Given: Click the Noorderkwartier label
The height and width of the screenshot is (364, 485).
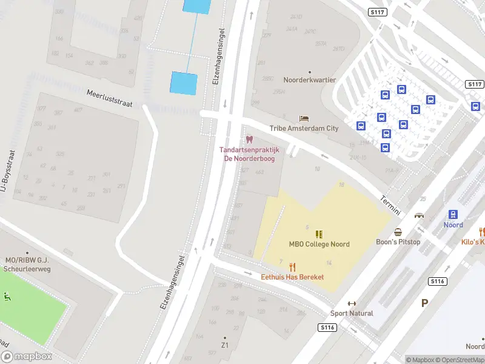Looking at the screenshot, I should (x=309, y=80).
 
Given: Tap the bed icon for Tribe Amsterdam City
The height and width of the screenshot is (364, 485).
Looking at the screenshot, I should (x=304, y=118).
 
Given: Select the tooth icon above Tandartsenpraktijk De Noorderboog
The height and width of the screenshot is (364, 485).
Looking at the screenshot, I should (x=249, y=140).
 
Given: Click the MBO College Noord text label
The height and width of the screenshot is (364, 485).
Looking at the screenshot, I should (x=319, y=244).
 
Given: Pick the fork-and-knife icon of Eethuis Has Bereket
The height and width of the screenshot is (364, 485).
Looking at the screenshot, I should (x=292, y=267).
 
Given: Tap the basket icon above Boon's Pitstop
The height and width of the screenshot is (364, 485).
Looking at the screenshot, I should (x=398, y=232).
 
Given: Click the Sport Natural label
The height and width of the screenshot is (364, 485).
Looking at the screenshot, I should (x=352, y=313).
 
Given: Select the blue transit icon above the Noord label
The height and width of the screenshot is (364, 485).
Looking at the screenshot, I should (x=453, y=214).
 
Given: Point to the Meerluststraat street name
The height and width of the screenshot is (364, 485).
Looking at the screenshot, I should (x=109, y=99).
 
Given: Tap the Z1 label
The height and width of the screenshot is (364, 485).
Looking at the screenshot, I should (x=225, y=345).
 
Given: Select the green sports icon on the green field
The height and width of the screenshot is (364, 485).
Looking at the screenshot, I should (x=7, y=297).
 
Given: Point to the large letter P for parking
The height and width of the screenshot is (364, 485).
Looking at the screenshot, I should (x=425, y=302).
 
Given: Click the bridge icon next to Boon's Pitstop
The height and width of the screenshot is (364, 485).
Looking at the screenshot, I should (x=419, y=215).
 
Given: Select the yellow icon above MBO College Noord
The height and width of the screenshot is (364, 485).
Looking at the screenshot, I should (x=319, y=234).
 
